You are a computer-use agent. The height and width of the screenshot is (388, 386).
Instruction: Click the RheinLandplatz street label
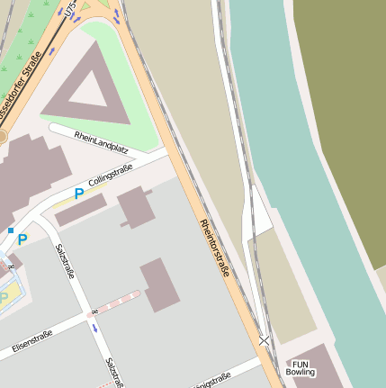tap(102, 142)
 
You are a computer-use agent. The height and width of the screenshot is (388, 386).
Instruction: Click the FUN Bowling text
tap(301, 365)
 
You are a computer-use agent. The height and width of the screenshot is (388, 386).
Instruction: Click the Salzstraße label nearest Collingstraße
tap(64, 262)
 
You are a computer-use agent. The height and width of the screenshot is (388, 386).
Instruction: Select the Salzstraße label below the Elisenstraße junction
tap(113, 372)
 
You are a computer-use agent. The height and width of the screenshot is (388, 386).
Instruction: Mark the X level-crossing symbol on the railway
tap(264, 340)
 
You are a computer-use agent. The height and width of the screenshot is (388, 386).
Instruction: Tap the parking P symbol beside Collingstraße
tap(79, 193)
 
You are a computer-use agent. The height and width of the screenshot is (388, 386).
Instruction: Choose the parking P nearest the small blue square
tap(23, 239)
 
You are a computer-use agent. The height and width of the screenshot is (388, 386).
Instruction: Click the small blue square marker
tap(11, 231)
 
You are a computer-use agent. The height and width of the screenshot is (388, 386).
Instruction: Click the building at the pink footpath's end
tap(159, 284)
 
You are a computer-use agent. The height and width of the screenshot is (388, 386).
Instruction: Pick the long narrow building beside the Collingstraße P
tap(81, 210)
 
